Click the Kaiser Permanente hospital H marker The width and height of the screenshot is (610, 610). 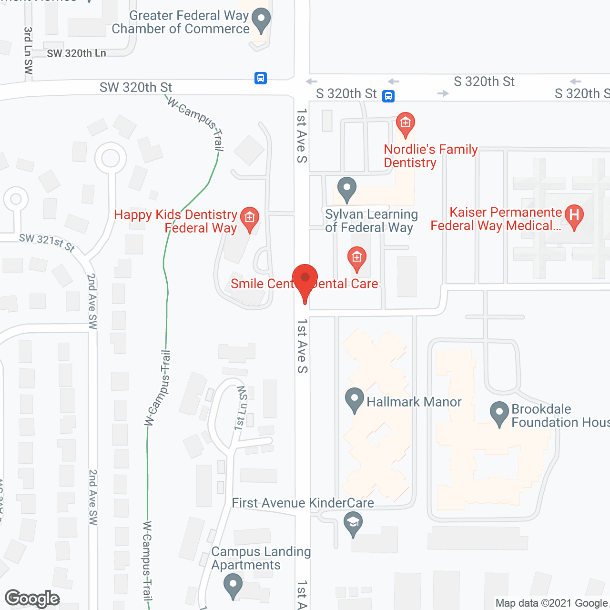point(574,215)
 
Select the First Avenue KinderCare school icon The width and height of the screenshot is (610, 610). point(353,523)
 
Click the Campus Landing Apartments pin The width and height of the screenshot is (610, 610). point(233,584)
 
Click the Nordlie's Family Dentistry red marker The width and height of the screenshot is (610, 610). point(406,124)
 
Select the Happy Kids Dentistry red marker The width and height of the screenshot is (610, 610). point(249,219)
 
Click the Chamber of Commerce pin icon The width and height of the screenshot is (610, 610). point(261,20)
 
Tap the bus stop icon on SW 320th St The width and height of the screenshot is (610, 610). point(261,78)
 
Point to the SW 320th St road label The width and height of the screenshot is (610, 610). point(136,88)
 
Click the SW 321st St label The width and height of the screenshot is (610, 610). point(47,242)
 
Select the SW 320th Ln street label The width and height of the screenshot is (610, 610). point(76,53)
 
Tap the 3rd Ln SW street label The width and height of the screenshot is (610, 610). point(28,51)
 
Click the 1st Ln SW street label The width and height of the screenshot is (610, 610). point(242,408)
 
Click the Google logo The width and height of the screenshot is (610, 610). point(32,599)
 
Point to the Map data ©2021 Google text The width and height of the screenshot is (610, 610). point(551,603)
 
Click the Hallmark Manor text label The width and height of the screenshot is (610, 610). point(414,402)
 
